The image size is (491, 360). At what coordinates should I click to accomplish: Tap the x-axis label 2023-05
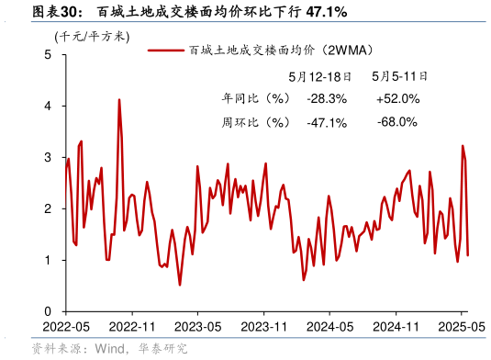[198, 327]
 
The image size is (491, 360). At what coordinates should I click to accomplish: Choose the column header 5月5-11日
[396, 76]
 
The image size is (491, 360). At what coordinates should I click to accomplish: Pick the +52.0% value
[397, 98]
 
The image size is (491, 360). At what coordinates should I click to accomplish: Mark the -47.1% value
[327, 121]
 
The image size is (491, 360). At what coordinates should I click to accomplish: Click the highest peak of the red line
[119, 99]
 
